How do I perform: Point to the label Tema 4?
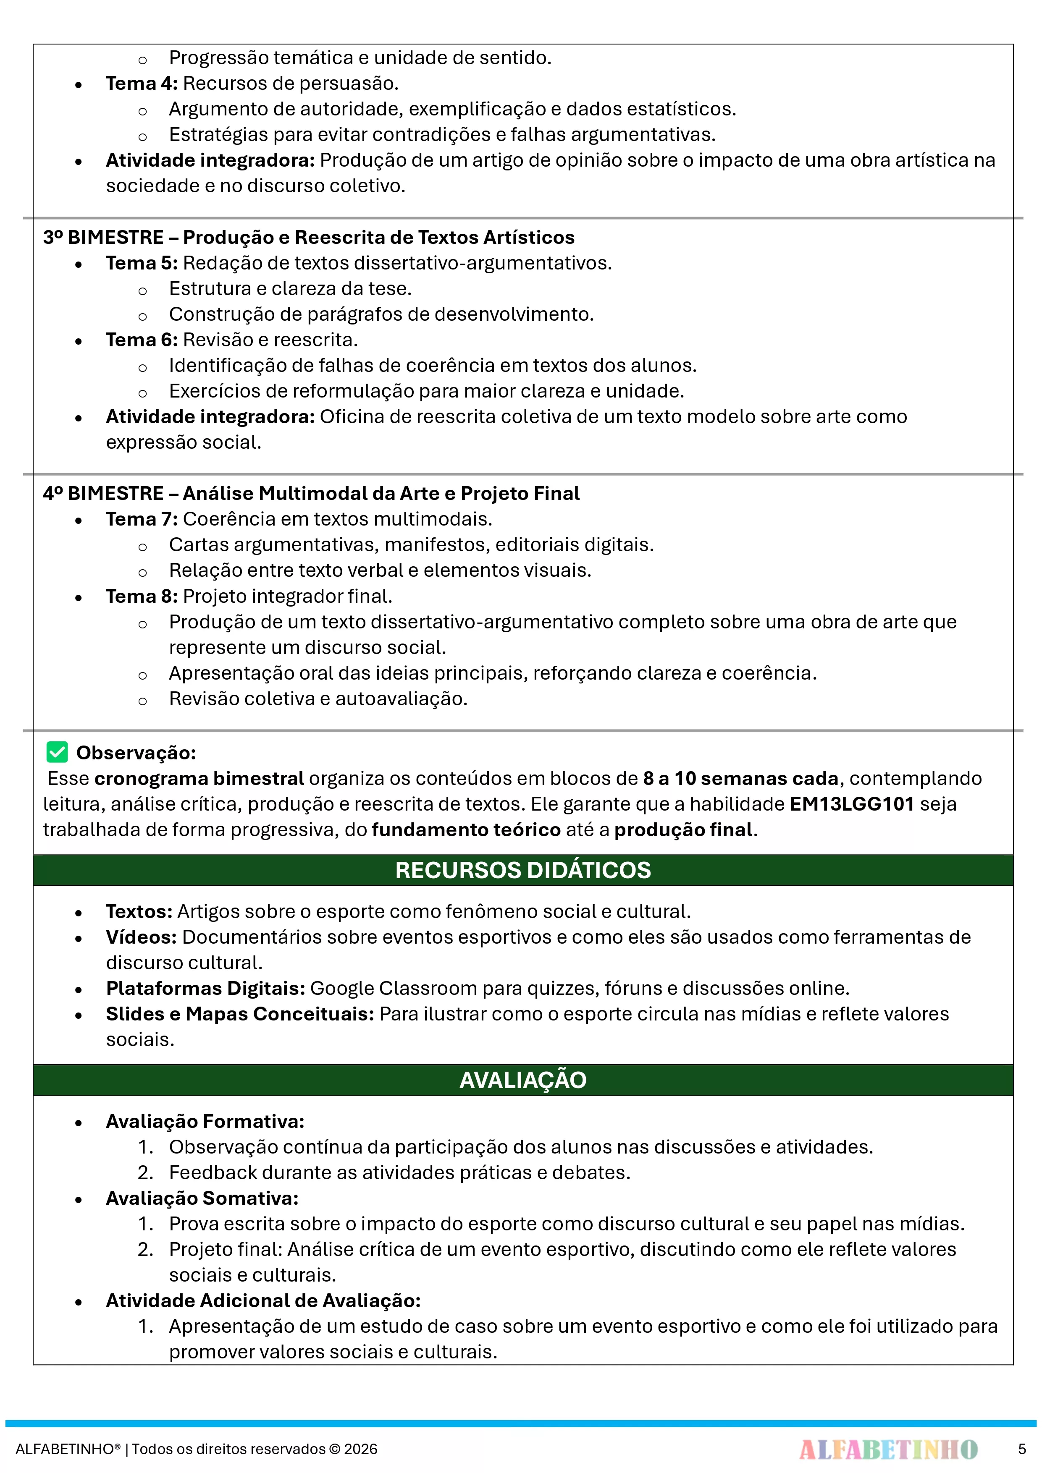tap(141, 84)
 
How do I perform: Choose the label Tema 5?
tap(141, 263)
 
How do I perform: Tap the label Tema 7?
tap(141, 518)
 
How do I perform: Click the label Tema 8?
tap(141, 596)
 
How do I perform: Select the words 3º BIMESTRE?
tap(103, 237)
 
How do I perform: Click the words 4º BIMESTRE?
tap(103, 493)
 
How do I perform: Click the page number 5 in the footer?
tap(1021, 1449)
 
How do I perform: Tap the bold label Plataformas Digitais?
tap(205, 988)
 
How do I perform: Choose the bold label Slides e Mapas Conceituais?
tap(239, 1014)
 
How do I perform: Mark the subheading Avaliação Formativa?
tap(205, 1121)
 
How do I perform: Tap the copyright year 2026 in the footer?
tap(360, 1449)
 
